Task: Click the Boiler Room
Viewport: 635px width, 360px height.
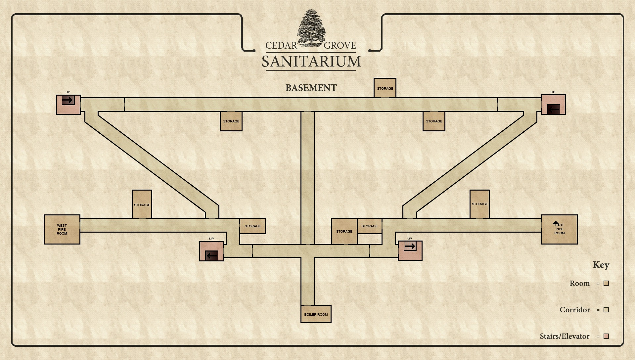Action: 316,314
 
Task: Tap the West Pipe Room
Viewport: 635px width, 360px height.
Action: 62,229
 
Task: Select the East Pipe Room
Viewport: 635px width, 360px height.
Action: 559,229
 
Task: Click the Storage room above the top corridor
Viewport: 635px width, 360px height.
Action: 385,88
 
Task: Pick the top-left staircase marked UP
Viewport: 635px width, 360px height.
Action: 68,105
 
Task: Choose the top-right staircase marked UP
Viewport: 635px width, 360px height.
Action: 553,105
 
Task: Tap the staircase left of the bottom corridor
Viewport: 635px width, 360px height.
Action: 211,251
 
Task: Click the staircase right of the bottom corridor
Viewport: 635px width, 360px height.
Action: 410,251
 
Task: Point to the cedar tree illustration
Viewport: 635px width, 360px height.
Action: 311,28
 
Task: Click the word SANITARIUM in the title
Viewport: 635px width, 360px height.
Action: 311,62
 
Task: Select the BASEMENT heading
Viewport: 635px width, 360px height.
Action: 311,88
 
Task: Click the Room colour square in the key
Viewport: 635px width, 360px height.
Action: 606,283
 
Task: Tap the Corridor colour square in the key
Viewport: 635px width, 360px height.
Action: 606,310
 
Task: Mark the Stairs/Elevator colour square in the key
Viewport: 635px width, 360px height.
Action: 606,336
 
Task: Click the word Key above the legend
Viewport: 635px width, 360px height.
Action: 601,265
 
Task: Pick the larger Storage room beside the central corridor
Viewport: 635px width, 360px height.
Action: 344,231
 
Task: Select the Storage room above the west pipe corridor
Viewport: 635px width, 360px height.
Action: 142,204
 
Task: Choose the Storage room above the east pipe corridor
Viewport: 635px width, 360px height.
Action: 479,204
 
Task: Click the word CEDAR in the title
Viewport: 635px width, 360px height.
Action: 281,46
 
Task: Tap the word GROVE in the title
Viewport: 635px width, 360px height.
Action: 340,46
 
